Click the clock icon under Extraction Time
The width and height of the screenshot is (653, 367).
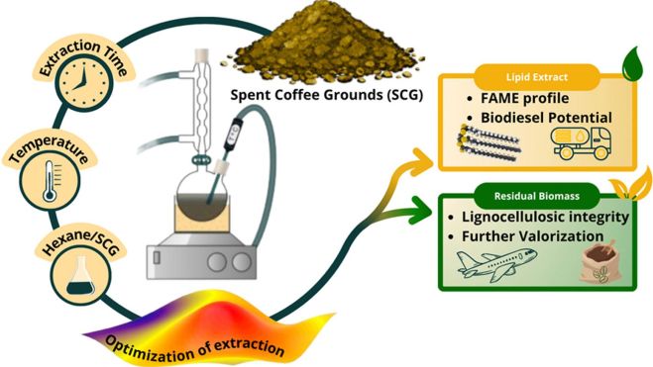click(83, 83)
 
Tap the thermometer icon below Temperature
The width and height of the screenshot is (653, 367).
click(51, 181)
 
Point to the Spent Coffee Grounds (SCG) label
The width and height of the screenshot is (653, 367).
click(327, 95)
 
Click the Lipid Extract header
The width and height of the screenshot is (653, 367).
click(536, 77)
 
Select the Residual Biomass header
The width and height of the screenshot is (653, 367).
click(536, 196)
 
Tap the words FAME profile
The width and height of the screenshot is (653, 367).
click(525, 99)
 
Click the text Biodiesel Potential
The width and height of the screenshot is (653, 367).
click(546, 118)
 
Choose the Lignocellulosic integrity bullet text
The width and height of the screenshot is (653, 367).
click(545, 217)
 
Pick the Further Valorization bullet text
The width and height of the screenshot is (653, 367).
click(533, 236)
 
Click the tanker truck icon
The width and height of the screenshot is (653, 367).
click(581, 143)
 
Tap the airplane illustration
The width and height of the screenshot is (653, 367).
click(496, 264)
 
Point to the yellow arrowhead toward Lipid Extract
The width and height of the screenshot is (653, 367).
click(421, 161)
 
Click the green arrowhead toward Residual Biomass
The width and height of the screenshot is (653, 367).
click(420, 211)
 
